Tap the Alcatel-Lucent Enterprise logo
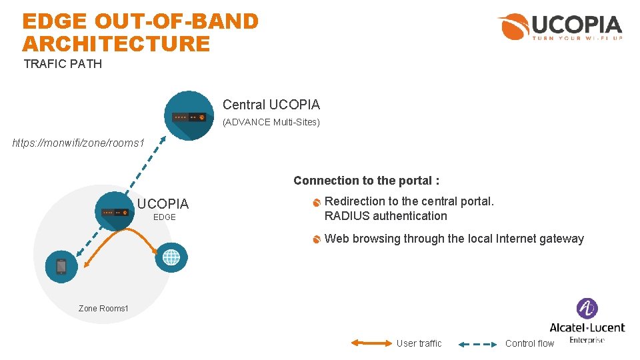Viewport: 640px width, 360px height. click(x=587, y=321)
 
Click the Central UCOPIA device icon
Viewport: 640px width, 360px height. click(x=189, y=116)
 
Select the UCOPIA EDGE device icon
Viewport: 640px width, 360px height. click(x=114, y=211)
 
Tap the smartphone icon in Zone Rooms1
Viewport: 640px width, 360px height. click(x=61, y=266)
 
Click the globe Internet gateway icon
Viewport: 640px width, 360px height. click(x=171, y=257)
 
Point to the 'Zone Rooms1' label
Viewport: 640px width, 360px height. click(x=103, y=308)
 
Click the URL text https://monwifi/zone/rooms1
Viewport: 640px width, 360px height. click(x=79, y=143)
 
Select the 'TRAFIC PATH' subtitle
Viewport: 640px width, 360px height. click(x=63, y=64)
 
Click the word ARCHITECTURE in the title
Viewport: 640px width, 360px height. click(x=116, y=44)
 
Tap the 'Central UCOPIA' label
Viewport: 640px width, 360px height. click(x=271, y=105)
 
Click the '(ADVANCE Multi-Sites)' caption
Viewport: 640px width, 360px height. click(x=271, y=122)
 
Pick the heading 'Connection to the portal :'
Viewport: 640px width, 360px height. click(x=366, y=181)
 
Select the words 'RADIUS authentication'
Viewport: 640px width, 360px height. click(x=385, y=216)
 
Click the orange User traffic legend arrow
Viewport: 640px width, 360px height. click(x=371, y=343)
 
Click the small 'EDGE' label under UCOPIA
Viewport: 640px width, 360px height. click(x=165, y=217)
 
